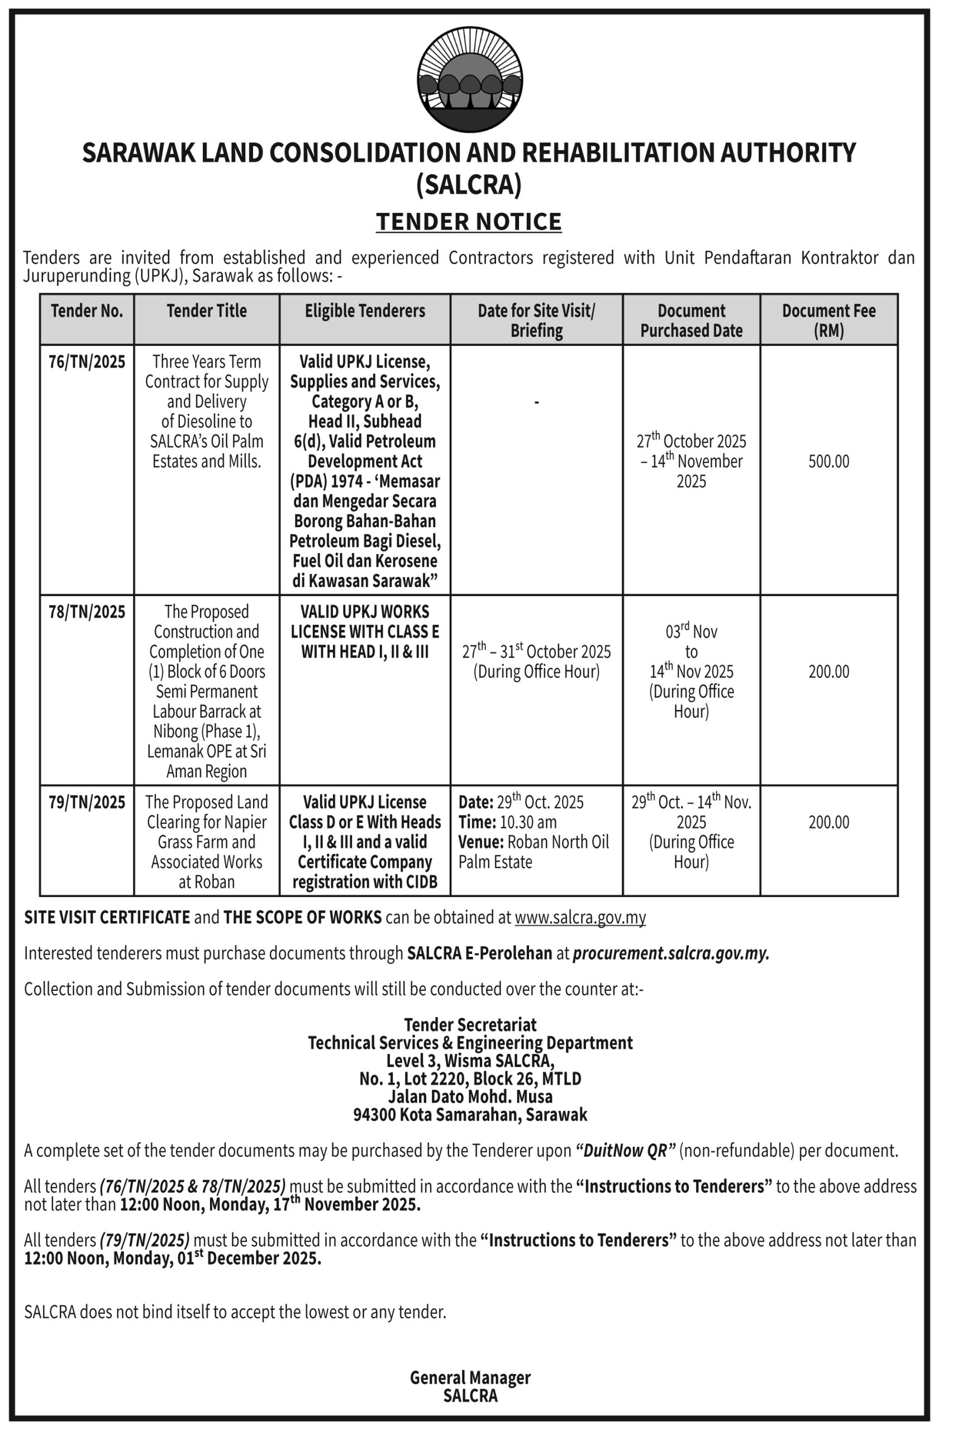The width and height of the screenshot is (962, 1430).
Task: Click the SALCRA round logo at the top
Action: [x=469, y=80]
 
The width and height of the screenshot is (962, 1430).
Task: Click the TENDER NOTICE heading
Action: [x=469, y=221]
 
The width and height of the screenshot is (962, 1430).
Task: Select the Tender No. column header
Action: [x=87, y=311]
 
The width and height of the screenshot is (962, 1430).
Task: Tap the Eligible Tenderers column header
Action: [x=364, y=311]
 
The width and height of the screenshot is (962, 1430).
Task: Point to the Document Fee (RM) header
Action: [x=828, y=320]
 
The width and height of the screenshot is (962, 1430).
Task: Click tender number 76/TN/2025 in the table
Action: [x=87, y=362]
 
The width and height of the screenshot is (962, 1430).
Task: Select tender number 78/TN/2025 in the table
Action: [x=87, y=612]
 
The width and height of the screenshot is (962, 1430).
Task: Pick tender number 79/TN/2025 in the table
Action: [x=87, y=802]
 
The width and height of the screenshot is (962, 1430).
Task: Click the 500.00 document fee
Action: [x=828, y=461]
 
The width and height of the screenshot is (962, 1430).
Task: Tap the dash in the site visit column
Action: [x=537, y=402]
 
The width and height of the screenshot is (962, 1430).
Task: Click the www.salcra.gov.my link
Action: [x=580, y=917]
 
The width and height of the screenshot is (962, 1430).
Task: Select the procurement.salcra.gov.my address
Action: [x=670, y=954]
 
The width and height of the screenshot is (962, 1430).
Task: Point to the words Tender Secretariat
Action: [x=470, y=1024]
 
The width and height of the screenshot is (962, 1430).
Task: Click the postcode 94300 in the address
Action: [x=374, y=1115]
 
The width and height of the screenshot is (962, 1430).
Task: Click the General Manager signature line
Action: [x=470, y=1377]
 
